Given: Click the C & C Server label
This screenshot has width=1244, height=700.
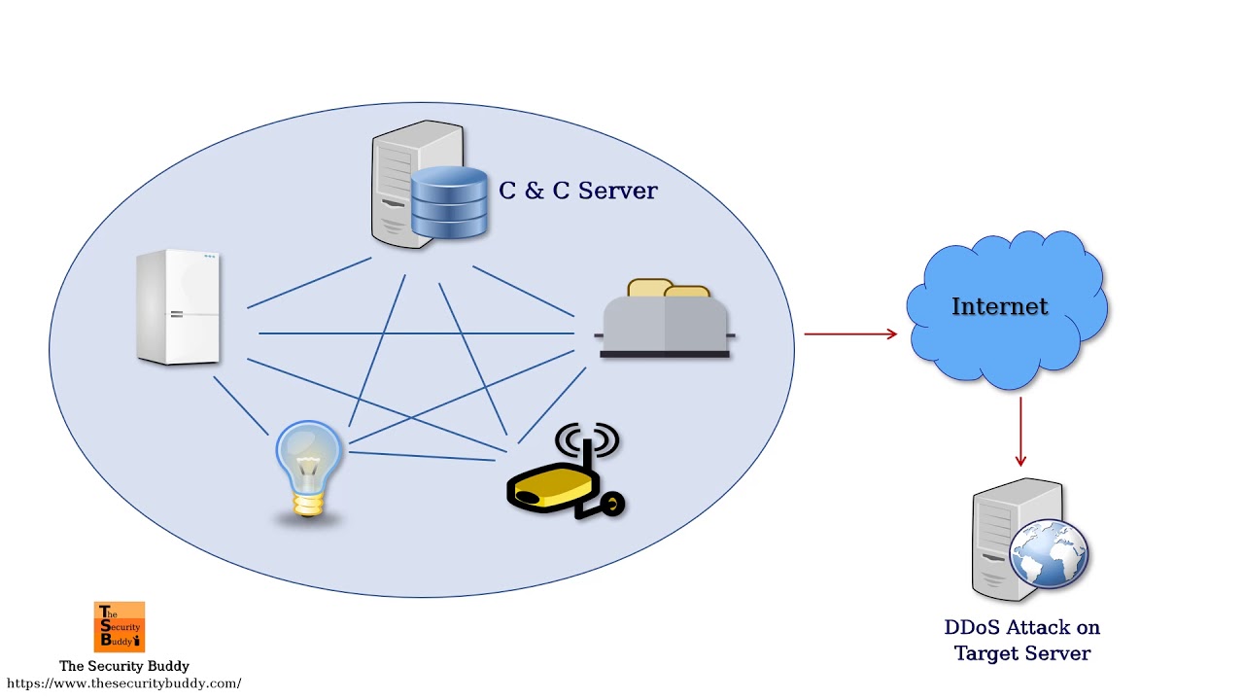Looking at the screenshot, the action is coord(577,191).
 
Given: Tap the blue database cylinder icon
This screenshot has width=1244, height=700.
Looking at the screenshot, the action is coord(448,202).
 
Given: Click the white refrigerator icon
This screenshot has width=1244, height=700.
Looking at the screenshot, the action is coord(179,307).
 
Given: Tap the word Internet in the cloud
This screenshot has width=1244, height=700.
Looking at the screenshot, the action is coord(999,306).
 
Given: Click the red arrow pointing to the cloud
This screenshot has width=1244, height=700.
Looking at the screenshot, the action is coord(849,334).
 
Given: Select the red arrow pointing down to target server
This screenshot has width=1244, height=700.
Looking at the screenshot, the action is coord(1020,432).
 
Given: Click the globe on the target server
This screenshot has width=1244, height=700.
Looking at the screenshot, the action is coord(1049,554).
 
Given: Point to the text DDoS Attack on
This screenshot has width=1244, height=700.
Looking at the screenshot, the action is coord(1021,628).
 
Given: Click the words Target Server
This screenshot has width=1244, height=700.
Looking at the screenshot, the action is coord(1021,653).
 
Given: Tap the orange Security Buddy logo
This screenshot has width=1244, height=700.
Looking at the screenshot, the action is coord(120,627).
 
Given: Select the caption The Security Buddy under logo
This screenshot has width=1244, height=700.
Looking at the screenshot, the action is coord(124,666).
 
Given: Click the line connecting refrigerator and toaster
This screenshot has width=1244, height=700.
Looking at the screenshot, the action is coord(418,333).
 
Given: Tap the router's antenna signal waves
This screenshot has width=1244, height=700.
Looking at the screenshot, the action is coord(587,439).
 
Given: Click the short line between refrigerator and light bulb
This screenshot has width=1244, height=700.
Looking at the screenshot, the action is coord(240,405).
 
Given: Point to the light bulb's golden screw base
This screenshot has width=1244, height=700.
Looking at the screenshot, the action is coord(309,506).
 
